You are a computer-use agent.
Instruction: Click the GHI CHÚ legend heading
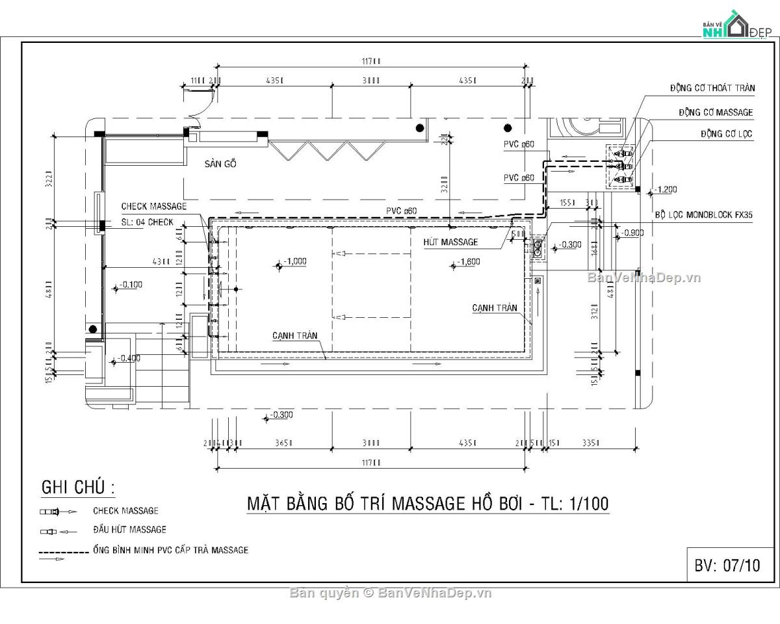click(x=78, y=487)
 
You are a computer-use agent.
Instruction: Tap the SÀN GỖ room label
click(x=220, y=164)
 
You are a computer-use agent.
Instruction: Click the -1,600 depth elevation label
click(x=469, y=261)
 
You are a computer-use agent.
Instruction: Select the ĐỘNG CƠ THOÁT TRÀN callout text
click(x=712, y=88)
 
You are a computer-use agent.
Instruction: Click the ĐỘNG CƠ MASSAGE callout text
click(x=716, y=112)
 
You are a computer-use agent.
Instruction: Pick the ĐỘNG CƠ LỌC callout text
click(x=726, y=134)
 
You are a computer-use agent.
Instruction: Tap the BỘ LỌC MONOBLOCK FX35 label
click(x=703, y=214)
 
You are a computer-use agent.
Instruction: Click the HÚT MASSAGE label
click(x=450, y=242)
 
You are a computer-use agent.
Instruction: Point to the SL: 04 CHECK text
click(x=148, y=222)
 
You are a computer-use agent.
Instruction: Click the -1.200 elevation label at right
click(x=666, y=189)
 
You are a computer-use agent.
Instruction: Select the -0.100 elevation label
click(x=130, y=285)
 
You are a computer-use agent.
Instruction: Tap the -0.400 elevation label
click(x=129, y=358)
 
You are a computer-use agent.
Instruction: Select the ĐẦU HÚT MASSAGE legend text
click(x=129, y=530)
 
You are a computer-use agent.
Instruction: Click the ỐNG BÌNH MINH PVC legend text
click(x=170, y=550)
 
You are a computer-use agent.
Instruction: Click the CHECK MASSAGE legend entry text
click(x=125, y=511)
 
